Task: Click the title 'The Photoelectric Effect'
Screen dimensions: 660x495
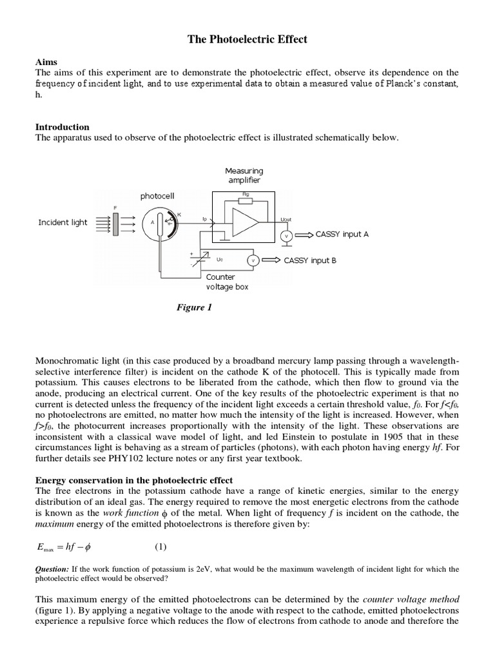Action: pyautogui.click(x=247, y=40)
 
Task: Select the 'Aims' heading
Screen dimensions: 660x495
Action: pyautogui.click(x=46, y=61)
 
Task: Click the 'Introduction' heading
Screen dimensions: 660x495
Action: pyautogui.click(x=62, y=127)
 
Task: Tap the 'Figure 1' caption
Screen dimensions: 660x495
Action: pyautogui.click(x=194, y=307)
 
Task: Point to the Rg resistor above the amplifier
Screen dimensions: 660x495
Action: pyautogui.click(x=244, y=200)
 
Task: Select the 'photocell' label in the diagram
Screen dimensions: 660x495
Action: pyautogui.click(x=157, y=195)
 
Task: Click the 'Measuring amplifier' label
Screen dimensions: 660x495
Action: pyautogui.click(x=244, y=175)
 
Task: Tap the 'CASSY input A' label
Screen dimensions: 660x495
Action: pyautogui.click(x=342, y=235)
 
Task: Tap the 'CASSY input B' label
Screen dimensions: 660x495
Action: pyautogui.click(x=309, y=260)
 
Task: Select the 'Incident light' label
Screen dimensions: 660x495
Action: pyautogui.click(x=63, y=222)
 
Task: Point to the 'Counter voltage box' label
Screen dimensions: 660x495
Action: pyautogui.click(x=228, y=282)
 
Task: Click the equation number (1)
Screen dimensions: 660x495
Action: pyautogui.click(x=160, y=547)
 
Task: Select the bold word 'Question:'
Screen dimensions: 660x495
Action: pyautogui.click(x=52, y=569)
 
